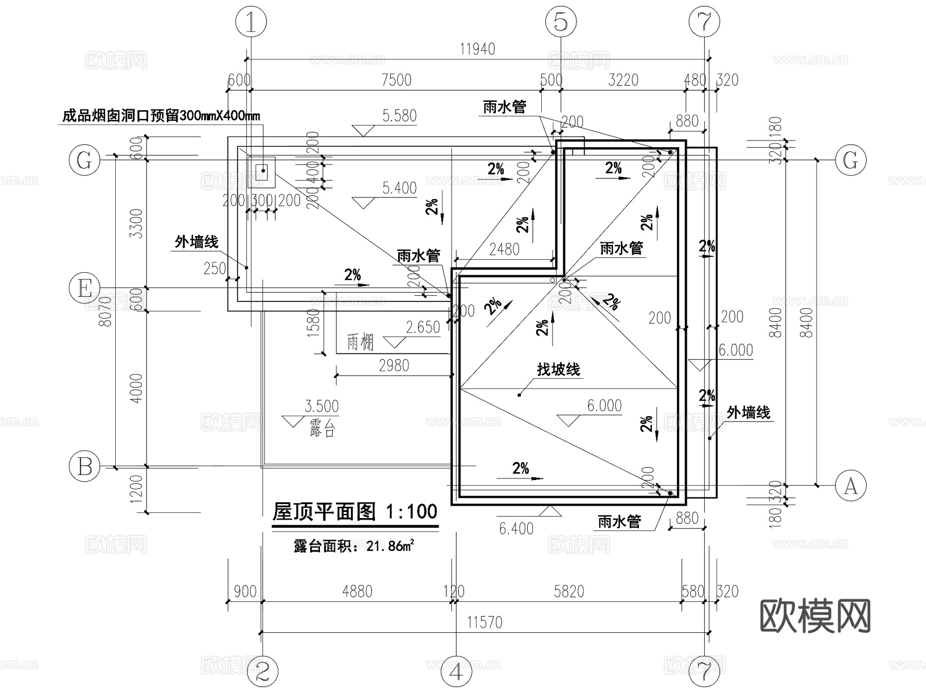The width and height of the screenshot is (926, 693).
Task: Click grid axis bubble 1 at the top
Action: click(x=251, y=22)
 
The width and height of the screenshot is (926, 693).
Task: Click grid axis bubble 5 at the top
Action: click(x=561, y=22)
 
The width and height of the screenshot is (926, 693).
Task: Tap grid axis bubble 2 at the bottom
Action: click(x=262, y=671)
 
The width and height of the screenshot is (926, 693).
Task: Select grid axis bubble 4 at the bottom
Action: click(x=457, y=671)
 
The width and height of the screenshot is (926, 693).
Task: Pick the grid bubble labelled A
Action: click(x=850, y=485)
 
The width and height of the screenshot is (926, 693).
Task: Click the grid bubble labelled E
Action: click(x=84, y=288)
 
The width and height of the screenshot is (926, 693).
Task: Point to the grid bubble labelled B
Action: click(x=84, y=467)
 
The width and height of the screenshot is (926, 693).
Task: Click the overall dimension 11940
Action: click(x=477, y=49)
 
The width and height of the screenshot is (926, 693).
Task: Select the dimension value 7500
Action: click(x=396, y=80)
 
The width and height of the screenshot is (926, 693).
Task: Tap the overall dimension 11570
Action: click(x=484, y=623)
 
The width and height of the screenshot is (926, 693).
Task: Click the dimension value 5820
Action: click(x=568, y=592)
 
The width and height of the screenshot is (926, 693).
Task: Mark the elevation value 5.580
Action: click(x=399, y=116)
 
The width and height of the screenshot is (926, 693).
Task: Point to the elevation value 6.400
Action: click(x=516, y=528)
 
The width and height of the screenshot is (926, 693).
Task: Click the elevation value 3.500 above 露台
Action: click(x=322, y=406)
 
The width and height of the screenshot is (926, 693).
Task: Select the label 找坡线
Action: click(x=558, y=369)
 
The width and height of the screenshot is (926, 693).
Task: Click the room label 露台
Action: click(x=323, y=429)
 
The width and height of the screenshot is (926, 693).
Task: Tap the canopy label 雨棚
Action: click(x=360, y=342)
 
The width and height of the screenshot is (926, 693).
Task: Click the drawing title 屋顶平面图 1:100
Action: click(x=355, y=512)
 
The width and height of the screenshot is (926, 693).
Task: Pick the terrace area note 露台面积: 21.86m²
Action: click(x=354, y=546)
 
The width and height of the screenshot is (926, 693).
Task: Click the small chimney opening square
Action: click(x=262, y=170)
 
